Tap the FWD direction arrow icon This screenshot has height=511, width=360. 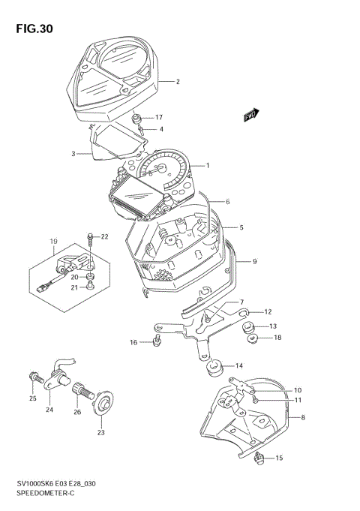(x=250, y=114)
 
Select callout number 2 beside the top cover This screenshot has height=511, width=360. (x=178, y=82)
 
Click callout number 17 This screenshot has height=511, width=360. (x=159, y=118)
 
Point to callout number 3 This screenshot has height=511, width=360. (x=74, y=154)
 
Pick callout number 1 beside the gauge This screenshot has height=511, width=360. (x=208, y=165)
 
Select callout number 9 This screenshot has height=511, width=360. (x=254, y=261)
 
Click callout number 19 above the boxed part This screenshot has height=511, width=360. (x=53, y=242)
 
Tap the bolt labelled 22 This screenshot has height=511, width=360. (x=90, y=239)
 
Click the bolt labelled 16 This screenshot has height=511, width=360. (x=156, y=342)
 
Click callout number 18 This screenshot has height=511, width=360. (x=277, y=338)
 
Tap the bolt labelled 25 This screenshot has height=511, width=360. (x=33, y=376)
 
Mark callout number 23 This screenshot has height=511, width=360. (x=101, y=432)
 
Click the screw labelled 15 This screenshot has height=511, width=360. (x=260, y=458)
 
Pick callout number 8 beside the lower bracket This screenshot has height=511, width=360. (x=302, y=417)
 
